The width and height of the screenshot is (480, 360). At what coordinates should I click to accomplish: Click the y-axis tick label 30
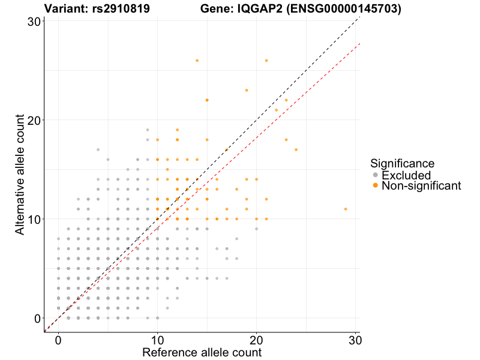tap(34, 22)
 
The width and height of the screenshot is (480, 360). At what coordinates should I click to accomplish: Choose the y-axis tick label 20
tap(34, 120)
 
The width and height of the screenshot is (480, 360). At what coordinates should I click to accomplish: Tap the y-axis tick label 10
tap(34, 219)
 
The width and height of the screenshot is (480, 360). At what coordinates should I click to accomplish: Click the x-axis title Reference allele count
tap(202, 352)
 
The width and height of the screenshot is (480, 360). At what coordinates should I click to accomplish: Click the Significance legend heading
tap(403, 163)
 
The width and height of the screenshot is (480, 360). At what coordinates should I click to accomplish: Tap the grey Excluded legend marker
tap(376, 175)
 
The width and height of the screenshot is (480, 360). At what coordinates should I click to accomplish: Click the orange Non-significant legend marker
tap(376, 186)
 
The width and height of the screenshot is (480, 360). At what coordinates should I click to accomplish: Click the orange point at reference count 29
tap(346, 209)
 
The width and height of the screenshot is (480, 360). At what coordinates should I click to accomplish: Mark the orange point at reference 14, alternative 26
tap(197, 61)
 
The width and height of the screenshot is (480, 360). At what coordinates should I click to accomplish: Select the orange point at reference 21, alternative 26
tap(266, 61)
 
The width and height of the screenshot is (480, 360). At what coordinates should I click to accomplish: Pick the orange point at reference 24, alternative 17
tap(296, 149)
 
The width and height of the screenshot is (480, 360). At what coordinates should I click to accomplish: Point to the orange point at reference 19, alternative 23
tap(247, 90)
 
